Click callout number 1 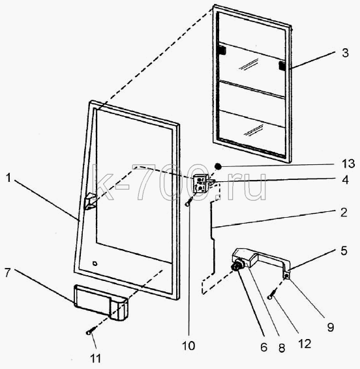click(x=8, y=178)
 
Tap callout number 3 click(x=345, y=53)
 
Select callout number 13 click(x=348, y=164)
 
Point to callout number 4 click(x=345, y=179)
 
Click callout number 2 click(x=344, y=213)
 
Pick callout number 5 click(x=344, y=250)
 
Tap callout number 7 click(x=8, y=273)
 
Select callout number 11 click(x=95, y=359)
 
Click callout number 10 click(x=188, y=346)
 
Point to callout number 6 click(x=264, y=347)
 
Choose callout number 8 click(x=282, y=348)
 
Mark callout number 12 click(x=305, y=344)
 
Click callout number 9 click(x=331, y=327)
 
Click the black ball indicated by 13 click(x=218, y=167)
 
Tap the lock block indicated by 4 click(x=201, y=184)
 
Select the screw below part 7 click(x=91, y=331)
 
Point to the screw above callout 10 click(x=189, y=201)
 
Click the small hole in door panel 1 click(x=95, y=263)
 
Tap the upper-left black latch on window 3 click(x=222, y=50)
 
